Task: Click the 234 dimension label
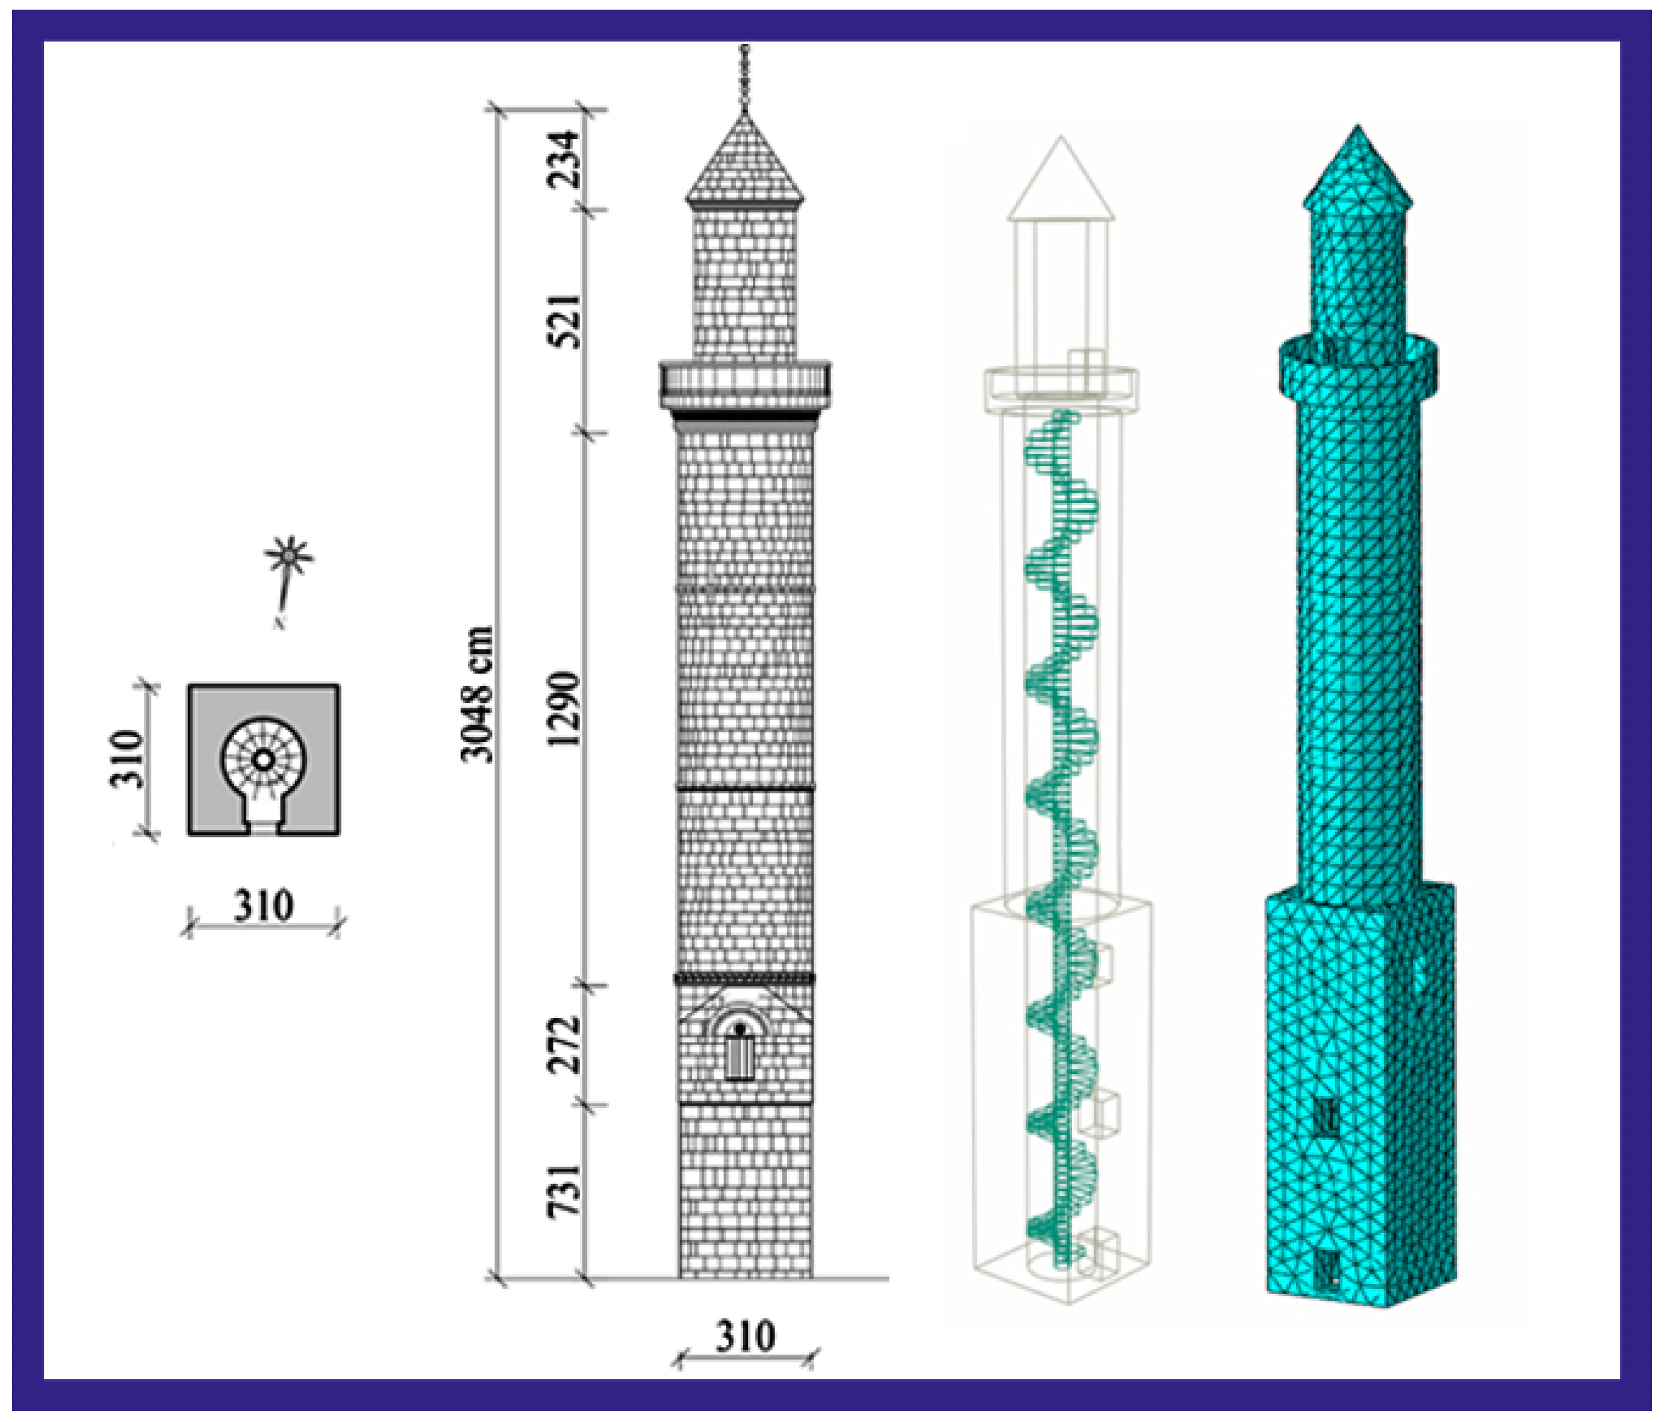click(x=563, y=160)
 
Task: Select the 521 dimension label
click(x=563, y=320)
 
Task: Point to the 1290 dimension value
click(x=563, y=709)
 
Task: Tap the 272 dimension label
click(x=563, y=1044)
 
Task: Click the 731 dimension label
click(x=563, y=1191)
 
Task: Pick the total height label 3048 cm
click(x=476, y=694)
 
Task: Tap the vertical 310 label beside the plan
click(x=126, y=758)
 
